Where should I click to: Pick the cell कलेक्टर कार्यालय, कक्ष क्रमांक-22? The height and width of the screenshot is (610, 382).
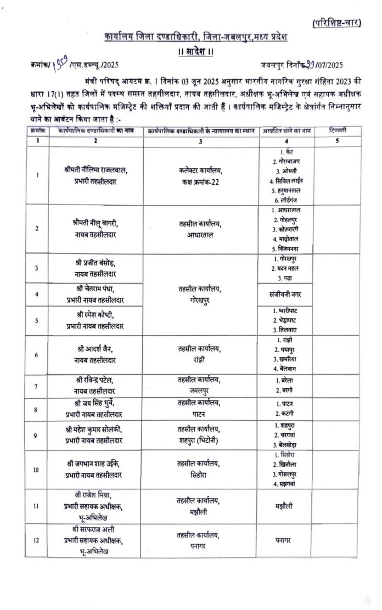click(x=199, y=176)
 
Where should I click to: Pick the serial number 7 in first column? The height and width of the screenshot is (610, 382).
click(x=36, y=386)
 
